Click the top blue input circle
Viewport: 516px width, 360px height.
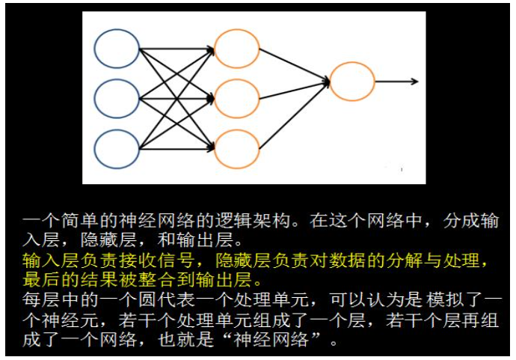click(x=117, y=48)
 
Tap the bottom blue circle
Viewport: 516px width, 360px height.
click(x=117, y=148)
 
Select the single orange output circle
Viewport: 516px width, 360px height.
click(x=351, y=82)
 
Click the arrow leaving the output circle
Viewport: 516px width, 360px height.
click(x=396, y=82)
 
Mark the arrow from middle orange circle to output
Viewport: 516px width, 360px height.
click(x=293, y=90)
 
